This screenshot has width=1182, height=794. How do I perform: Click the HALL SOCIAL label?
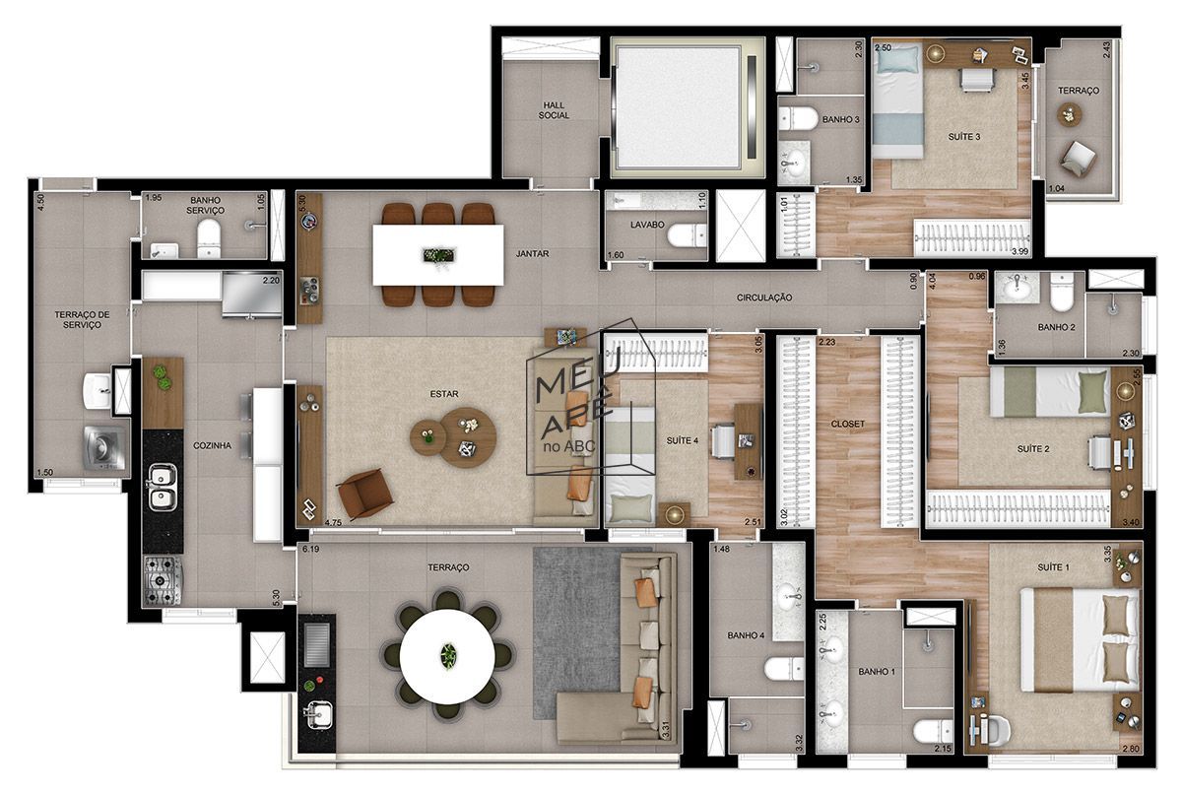[x=554, y=109]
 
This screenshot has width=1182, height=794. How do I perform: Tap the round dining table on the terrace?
[x=448, y=655]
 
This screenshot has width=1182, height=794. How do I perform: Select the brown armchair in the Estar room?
[x=364, y=491]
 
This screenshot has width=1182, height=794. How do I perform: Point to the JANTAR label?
[x=532, y=254]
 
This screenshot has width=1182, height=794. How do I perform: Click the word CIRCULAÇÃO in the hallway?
[x=763, y=298]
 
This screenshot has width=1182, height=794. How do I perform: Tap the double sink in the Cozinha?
[x=162, y=486]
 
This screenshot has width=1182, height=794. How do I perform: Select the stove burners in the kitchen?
[x=162, y=579]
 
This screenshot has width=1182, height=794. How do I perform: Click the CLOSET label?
[x=847, y=425]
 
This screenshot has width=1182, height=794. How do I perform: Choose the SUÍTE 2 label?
[x=1031, y=449]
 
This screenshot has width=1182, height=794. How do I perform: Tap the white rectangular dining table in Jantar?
[x=438, y=255]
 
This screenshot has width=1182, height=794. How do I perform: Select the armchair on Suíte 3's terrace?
[x=1077, y=156]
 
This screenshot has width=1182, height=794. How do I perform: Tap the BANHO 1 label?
[x=876, y=672]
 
